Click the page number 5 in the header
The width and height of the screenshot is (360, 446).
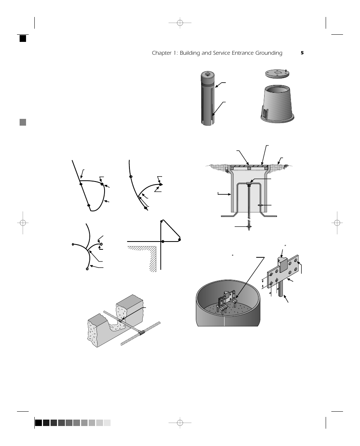tap(302, 53)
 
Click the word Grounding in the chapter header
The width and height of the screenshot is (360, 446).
tap(267, 53)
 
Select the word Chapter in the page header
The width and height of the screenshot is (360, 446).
tap(162, 53)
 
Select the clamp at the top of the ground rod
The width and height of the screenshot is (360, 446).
tap(249, 184)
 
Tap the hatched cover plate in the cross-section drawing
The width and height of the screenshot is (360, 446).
tap(249, 165)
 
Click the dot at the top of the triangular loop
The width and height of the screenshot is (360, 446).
tap(162, 221)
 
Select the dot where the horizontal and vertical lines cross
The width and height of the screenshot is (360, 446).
tap(162, 241)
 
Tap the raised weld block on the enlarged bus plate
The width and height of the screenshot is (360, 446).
tap(283, 266)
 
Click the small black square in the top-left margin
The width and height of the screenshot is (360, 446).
tap(23, 38)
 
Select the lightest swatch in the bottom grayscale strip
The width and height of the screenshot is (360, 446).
tap(107, 423)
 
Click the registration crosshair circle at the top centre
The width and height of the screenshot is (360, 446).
tap(180, 23)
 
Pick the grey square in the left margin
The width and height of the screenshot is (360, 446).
tap(23, 122)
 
